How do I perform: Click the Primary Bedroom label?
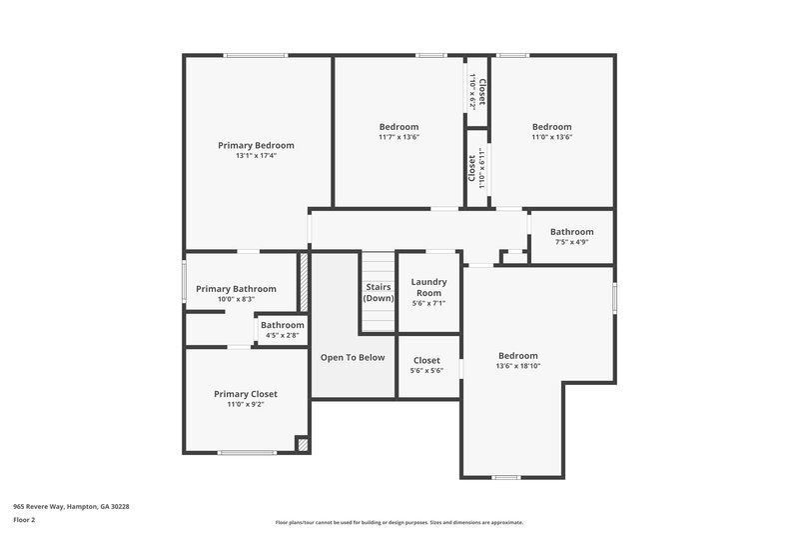click(256, 145)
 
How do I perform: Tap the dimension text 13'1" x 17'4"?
click(256, 156)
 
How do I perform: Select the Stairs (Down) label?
click(379, 292)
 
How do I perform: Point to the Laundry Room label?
click(428, 287)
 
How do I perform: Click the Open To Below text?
click(352, 357)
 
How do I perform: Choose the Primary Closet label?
click(246, 394)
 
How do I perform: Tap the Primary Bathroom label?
click(236, 289)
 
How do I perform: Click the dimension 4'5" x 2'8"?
click(283, 335)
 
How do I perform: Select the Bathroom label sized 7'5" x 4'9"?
click(571, 232)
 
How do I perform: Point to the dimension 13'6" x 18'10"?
click(518, 366)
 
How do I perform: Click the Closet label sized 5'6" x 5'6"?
click(426, 360)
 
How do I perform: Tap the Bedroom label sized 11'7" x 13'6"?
click(399, 127)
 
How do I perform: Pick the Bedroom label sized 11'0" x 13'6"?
click(551, 127)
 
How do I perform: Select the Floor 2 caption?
click(25, 520)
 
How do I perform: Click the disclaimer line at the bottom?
click(399, 522)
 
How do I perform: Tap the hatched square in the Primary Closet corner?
click(304, 444)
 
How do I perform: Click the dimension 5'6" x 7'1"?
click(428, 303)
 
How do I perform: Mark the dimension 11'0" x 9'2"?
click(246, 405)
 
